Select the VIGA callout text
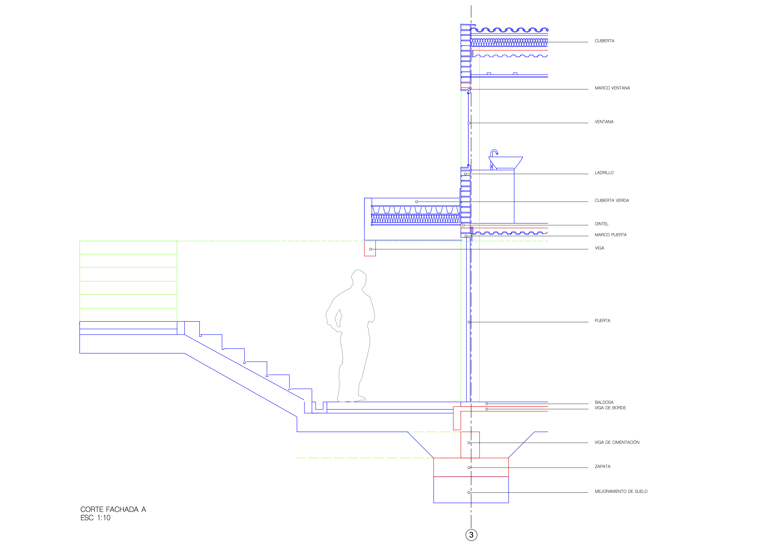[x=599, y=248]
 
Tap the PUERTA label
[x=602, y=321]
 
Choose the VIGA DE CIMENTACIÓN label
[x=617, y=442]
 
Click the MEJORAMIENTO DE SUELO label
[x=621, y=492]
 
